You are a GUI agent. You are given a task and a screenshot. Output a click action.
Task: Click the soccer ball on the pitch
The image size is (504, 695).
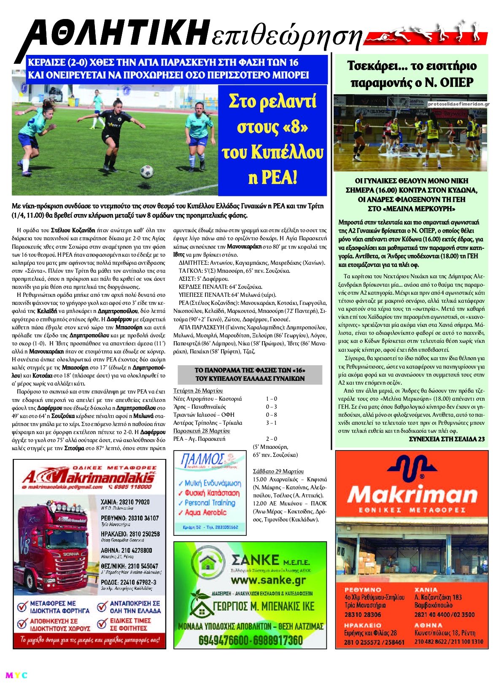point(146,171)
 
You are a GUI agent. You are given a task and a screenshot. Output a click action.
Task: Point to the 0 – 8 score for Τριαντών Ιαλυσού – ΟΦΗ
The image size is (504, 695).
point(271,415)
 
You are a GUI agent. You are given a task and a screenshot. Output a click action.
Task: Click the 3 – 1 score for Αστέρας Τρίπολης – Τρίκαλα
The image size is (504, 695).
point(271,423)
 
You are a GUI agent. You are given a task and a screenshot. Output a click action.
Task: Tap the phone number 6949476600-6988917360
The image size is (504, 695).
point(251,641)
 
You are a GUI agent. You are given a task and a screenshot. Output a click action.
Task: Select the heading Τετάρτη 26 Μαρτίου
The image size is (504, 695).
point(198,391)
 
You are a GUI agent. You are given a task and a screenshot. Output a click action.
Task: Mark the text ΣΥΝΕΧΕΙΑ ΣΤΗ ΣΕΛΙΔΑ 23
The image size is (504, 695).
point(447,439)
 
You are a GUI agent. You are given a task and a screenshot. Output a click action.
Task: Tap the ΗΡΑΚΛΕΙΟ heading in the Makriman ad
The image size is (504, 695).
point(363,625)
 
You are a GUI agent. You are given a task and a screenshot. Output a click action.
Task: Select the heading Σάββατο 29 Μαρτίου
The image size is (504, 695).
point(278,471)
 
